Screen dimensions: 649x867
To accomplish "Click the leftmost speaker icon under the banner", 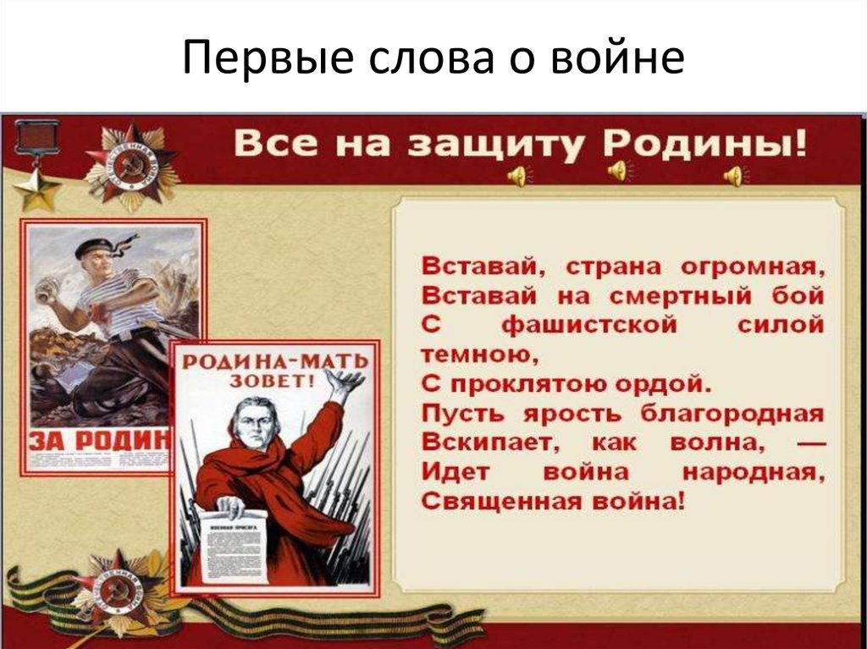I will pos(516,176).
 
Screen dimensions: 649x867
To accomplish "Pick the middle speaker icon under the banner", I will pos(618,173).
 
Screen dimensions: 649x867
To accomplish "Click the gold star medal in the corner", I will pos(36,187).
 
